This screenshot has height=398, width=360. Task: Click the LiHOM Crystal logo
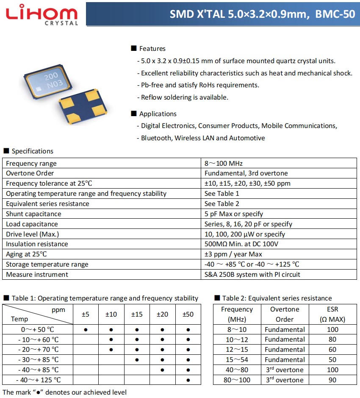pyautogui.click(x=41, y=14)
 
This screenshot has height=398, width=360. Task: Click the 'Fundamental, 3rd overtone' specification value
pyautogui.click(x=246, y=173)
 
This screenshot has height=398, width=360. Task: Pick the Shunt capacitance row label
pyautogui.click(x=33, y=214)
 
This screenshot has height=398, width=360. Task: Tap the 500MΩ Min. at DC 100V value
pyautogui.click(x=241, y=244)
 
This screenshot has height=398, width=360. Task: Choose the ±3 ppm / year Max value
pyautogui.click(x=233, y=254)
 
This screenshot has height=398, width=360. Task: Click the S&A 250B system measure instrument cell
pyautogui.click(x=252, y=275)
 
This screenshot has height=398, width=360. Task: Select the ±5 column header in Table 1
pyautogui.click(x=86, y=314)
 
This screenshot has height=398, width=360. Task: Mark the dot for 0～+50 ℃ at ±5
pyautogui.click(x=86, y=329)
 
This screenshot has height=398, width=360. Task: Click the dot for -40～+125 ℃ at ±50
pyautogui.click(x=188, y=380)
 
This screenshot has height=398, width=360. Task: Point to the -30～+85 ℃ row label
pyautogui.click(x=38, y=359)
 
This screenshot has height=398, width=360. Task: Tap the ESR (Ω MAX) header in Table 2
pyautogui.click(x=332, y=314)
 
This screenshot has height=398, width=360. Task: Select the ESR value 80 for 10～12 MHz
pyautogui.click(x=332, y=340)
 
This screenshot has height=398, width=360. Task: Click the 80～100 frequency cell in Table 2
pyautogui.click(x=237, y=380)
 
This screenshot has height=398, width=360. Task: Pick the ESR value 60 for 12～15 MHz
pyautogui.click(x=332, y=350)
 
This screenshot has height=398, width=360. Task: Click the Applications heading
pyautogui.click(x=158, y=114)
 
